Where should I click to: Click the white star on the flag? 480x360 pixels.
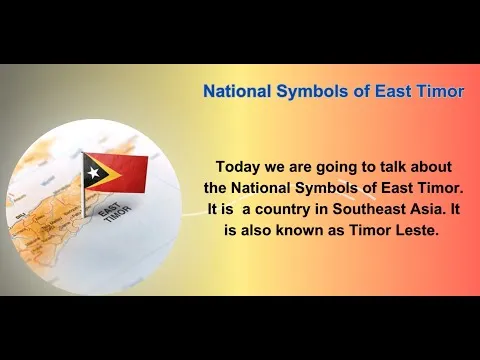pos(93,172)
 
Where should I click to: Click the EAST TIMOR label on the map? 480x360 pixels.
pos(115,212)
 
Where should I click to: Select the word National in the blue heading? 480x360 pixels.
pos(237,91)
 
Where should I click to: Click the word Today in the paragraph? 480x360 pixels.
pos(238,167)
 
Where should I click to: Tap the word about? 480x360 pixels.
pos(431,166)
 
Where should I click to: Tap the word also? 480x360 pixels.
pos(256,230)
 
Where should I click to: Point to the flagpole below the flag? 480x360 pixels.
pos(83,203)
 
